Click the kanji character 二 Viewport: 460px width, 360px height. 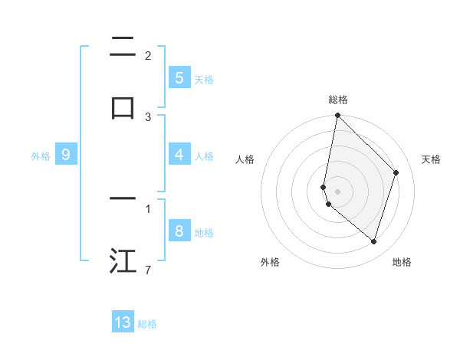point(123,47)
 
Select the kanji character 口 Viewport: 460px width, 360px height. point(123,107)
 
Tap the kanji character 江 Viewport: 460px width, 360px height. point(123,260)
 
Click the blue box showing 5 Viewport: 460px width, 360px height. point(179,77)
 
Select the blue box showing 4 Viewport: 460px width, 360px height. point(179,155)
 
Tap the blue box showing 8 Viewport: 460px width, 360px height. point(179,231)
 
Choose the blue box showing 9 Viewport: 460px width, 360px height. point(66,155)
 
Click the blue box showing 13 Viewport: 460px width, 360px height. point(123,322)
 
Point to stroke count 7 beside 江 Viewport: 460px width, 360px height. point(147,271)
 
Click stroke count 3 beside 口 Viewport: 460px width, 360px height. point(147,117)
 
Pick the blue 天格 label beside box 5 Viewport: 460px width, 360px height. point(204,79)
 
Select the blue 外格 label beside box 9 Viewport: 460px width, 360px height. point(41,156)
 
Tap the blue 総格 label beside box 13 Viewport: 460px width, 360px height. point(147,324)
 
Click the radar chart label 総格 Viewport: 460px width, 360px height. point(337,100)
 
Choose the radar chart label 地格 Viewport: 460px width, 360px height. point(402,262)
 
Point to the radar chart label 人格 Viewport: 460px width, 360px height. point(245,159)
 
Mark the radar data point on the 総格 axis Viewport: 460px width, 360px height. point(337,115)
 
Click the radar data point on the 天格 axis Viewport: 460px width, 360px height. point(396,172)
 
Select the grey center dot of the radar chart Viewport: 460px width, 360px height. point(337,191)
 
